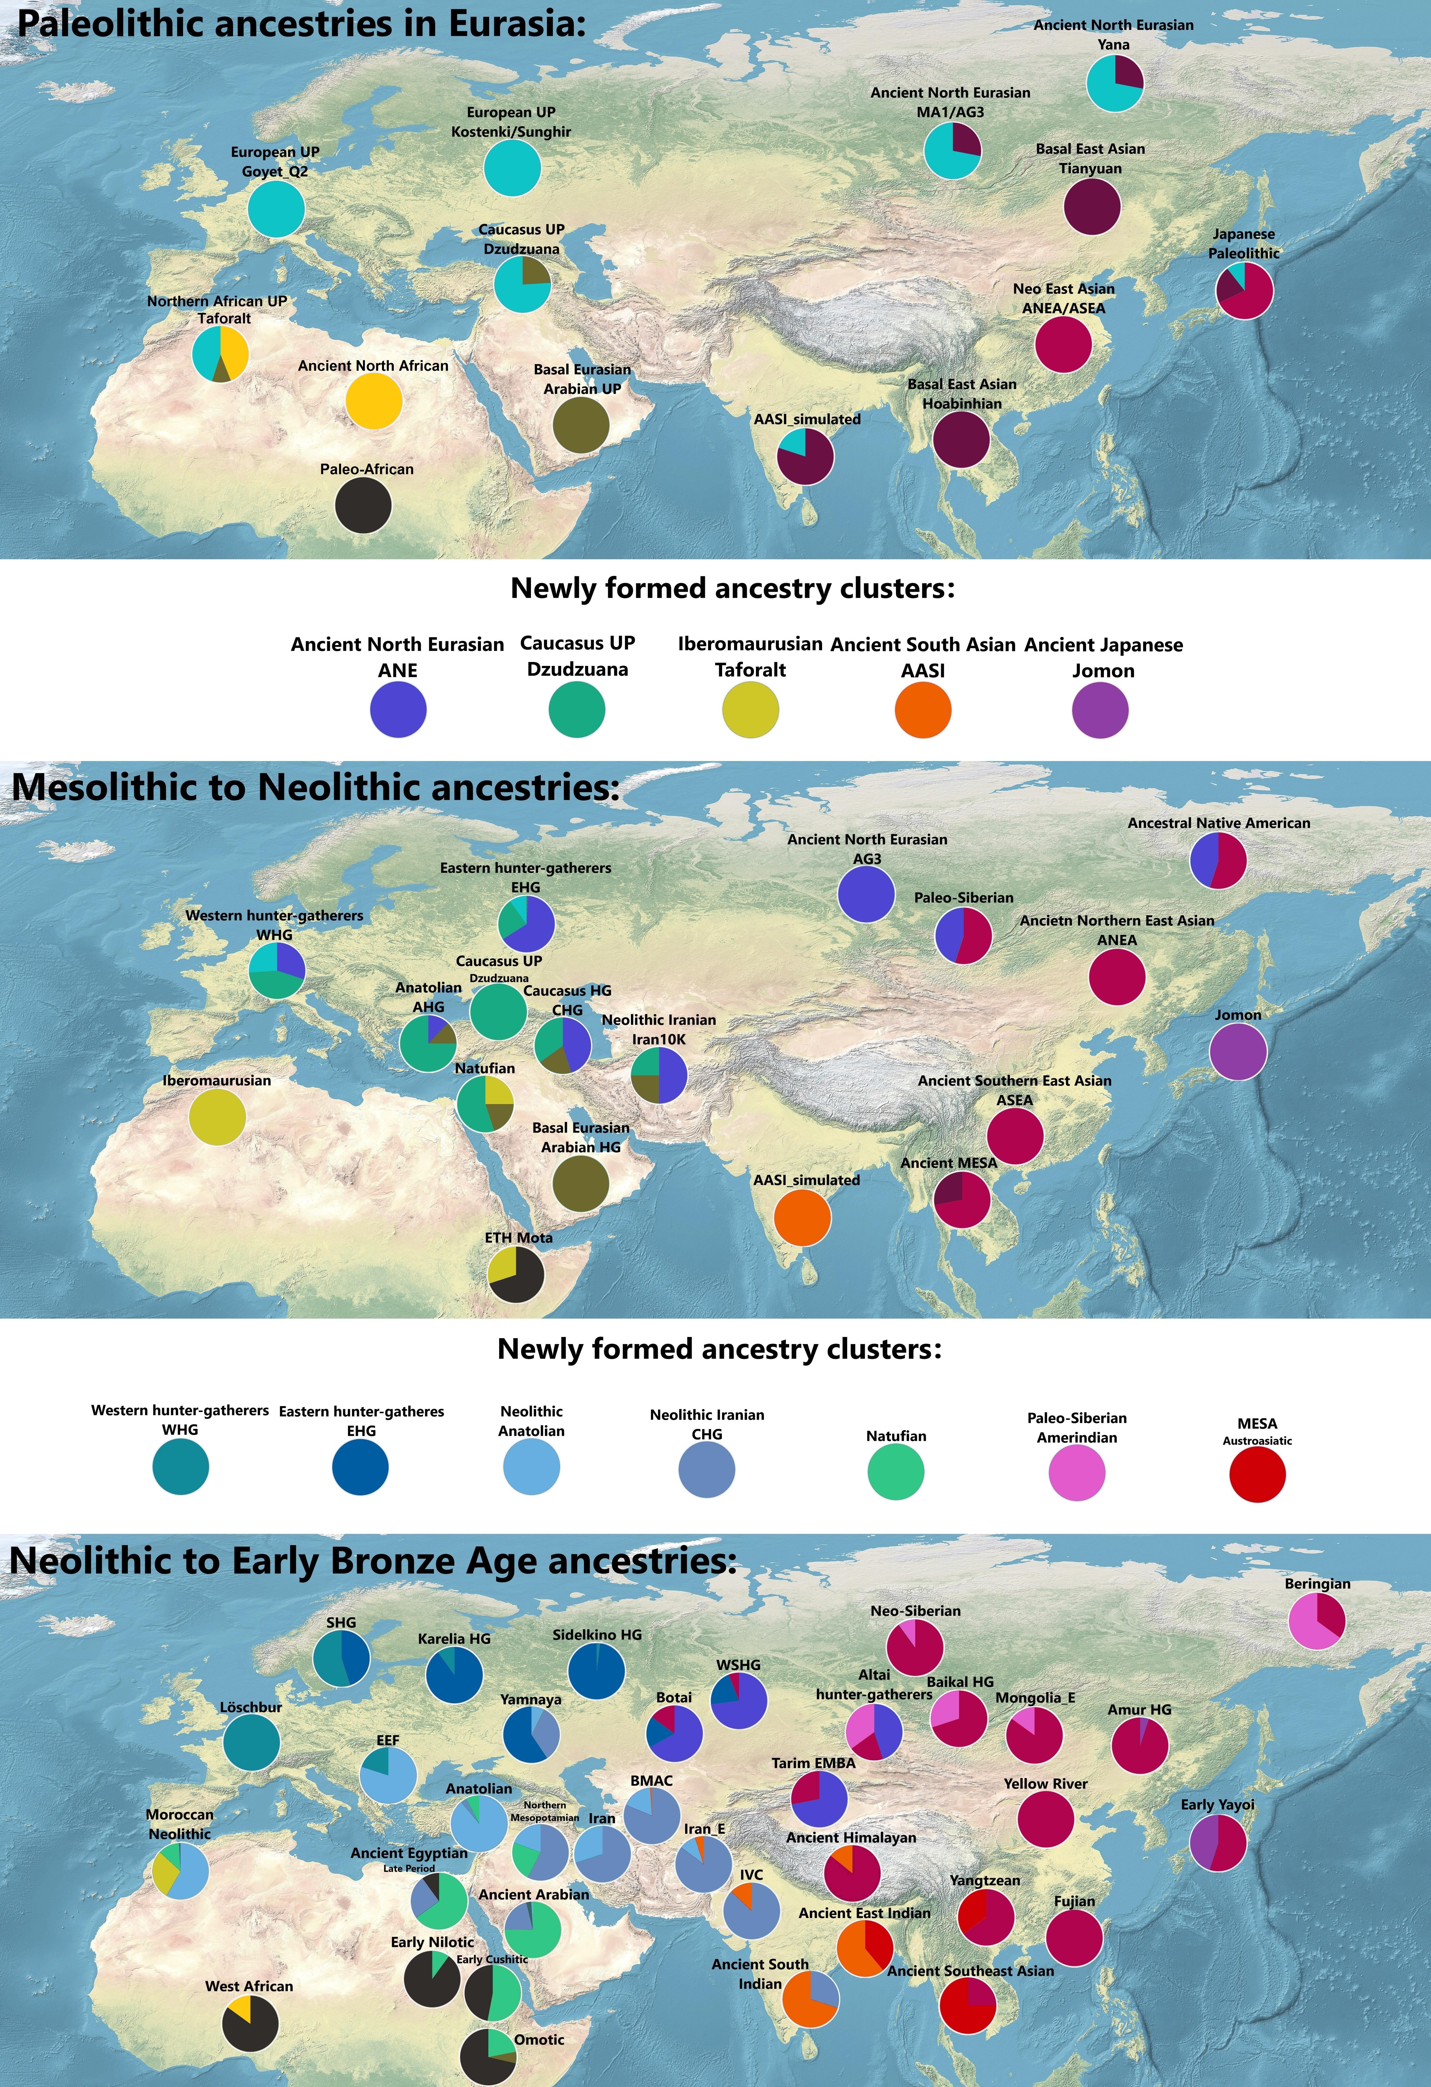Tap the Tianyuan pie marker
click(1092, 206)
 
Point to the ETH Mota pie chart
click(516, 1273)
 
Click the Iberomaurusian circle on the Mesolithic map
click(217, 1116)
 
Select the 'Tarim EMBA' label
click(813, 1763)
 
